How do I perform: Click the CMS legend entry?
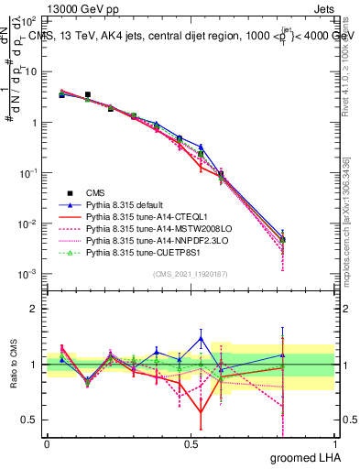point(95,192)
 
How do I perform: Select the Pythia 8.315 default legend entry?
point(125,204)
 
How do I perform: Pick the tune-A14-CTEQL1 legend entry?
point(136,216)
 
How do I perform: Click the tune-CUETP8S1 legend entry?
point(138,252)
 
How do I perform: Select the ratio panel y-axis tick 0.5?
point(31,420)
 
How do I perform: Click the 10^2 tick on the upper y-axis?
point(30,21)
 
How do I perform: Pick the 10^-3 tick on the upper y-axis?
point(30,274)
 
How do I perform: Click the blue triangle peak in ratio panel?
point(201,338)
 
